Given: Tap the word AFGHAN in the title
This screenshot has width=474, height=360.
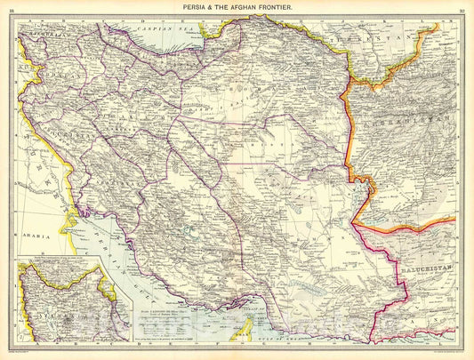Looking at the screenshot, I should coord(252,8).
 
